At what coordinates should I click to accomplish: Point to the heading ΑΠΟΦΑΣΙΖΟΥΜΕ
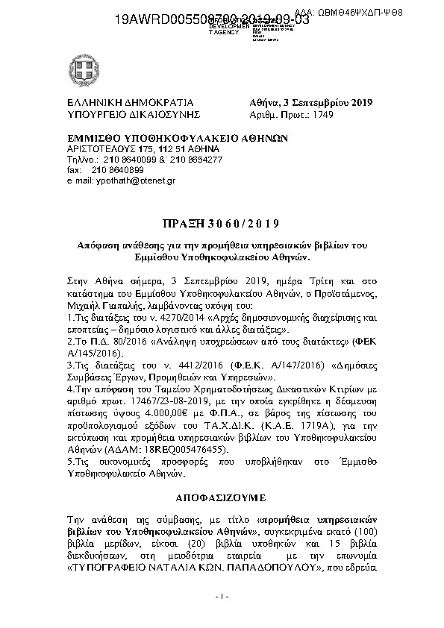221,494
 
